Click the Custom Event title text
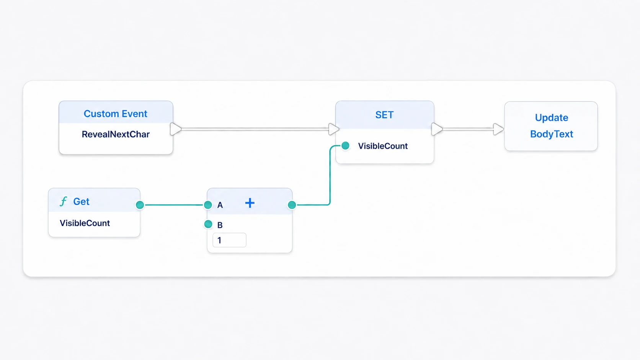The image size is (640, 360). click(116, 114)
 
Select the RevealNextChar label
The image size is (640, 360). click(116, 134)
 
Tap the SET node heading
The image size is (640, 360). click(384, 115)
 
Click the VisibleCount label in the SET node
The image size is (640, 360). click(383, 146)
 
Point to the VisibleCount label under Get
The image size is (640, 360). click(85, 223)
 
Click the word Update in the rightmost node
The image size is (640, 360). click(552, 117)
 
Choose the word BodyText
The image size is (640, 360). click(552, 134)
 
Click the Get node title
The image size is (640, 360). click(81, 202)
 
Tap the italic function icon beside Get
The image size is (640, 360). click(64, 201)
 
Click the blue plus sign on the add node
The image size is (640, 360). click(250, 203)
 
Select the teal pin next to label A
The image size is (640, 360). click(208, 205)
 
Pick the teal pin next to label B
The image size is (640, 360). click(208, 224)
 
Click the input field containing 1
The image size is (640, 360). click(229, 240)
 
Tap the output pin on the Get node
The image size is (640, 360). click(140, 205)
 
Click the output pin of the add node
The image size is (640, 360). click(292, 205)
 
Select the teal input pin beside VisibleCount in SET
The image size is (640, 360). click(345, 146)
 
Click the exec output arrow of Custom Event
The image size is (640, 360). click(175, 129)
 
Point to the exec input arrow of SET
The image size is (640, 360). click(334, 129)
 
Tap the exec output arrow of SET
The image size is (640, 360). click(437, 129)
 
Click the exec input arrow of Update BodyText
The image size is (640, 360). click(499, 129)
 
